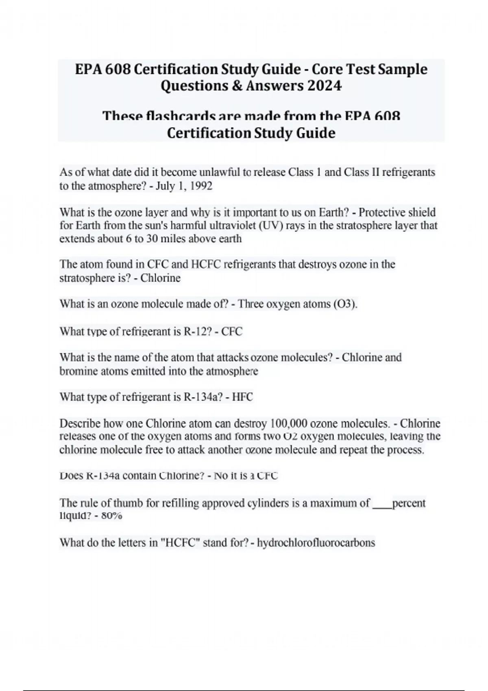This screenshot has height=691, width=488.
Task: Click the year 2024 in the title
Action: [x=325, y=86]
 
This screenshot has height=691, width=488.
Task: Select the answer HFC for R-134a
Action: [x=242, y=397]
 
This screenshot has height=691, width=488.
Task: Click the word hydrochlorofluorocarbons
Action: [x=316, y=543]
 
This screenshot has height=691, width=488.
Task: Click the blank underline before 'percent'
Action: [x=381, y=504]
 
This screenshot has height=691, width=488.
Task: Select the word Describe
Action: [x=80, y=424]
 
